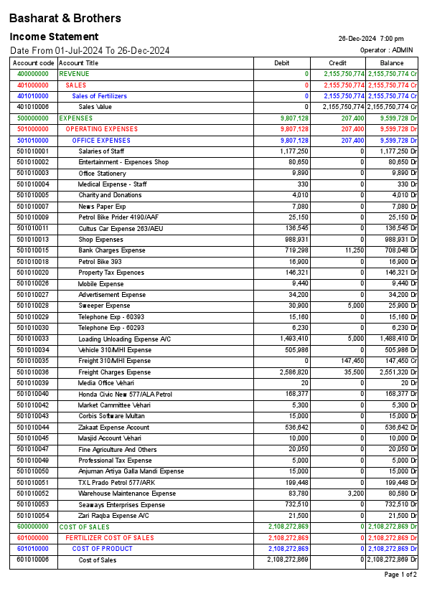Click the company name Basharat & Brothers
pyautogui.click(x=65, y=19)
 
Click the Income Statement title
pyautogui.click(x=54, y=37)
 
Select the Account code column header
pyautogui.click(x=33, y=63)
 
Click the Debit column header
pyautogui.click(x=282, y=63)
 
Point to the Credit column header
pyautogui.click(x=337, y=63)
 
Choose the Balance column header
pyautogui.click(x=392, y=63)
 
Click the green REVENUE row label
pyautogui.click(x=75, y=74)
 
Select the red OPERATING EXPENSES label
pyautogui.click(x=101, y=129)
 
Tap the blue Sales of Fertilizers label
pyautogui.click(x=99, y=96)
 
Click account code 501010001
pyautogui.click(x=33, y=151)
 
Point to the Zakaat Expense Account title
pyautogui.click(x=113, y=427)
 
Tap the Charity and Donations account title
pyautogui.click(x=110, y=195)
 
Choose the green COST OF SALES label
pyautogui.click(x=84, y=527)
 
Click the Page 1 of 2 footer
pyautogui.click(x=400, y=575)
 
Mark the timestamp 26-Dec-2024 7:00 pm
pyautogui.click(x=371, y=39)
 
